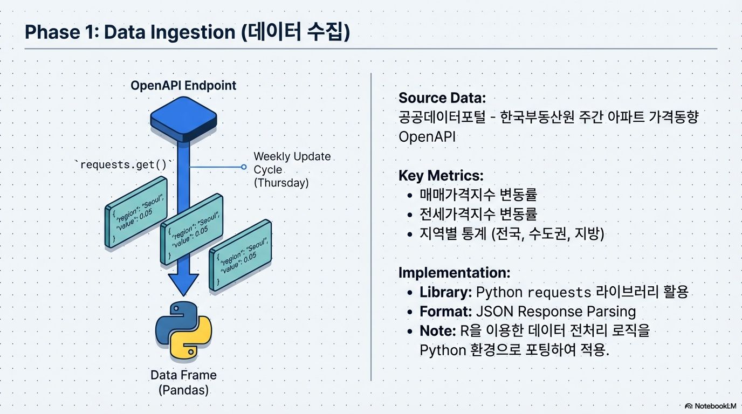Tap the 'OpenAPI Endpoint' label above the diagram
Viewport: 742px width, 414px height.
click(x=183, y=86)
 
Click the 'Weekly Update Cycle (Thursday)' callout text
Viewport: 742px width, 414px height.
click(x=292, y=170)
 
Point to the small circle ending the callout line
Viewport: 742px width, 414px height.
click(x=244, y=167)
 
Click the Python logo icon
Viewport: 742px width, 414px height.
click(x=183, y=330)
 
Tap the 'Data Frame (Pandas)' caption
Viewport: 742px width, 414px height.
click(x=183, y=382)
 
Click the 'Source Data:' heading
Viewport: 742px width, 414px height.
click(x=442, y=98)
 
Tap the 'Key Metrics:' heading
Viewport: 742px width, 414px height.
click(x=441, y=176)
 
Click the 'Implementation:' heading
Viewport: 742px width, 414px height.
click(x=454, y=273)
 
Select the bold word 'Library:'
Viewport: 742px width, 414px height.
click(x=446, y=292)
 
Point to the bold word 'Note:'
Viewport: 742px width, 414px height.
click(x=437, y=330)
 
